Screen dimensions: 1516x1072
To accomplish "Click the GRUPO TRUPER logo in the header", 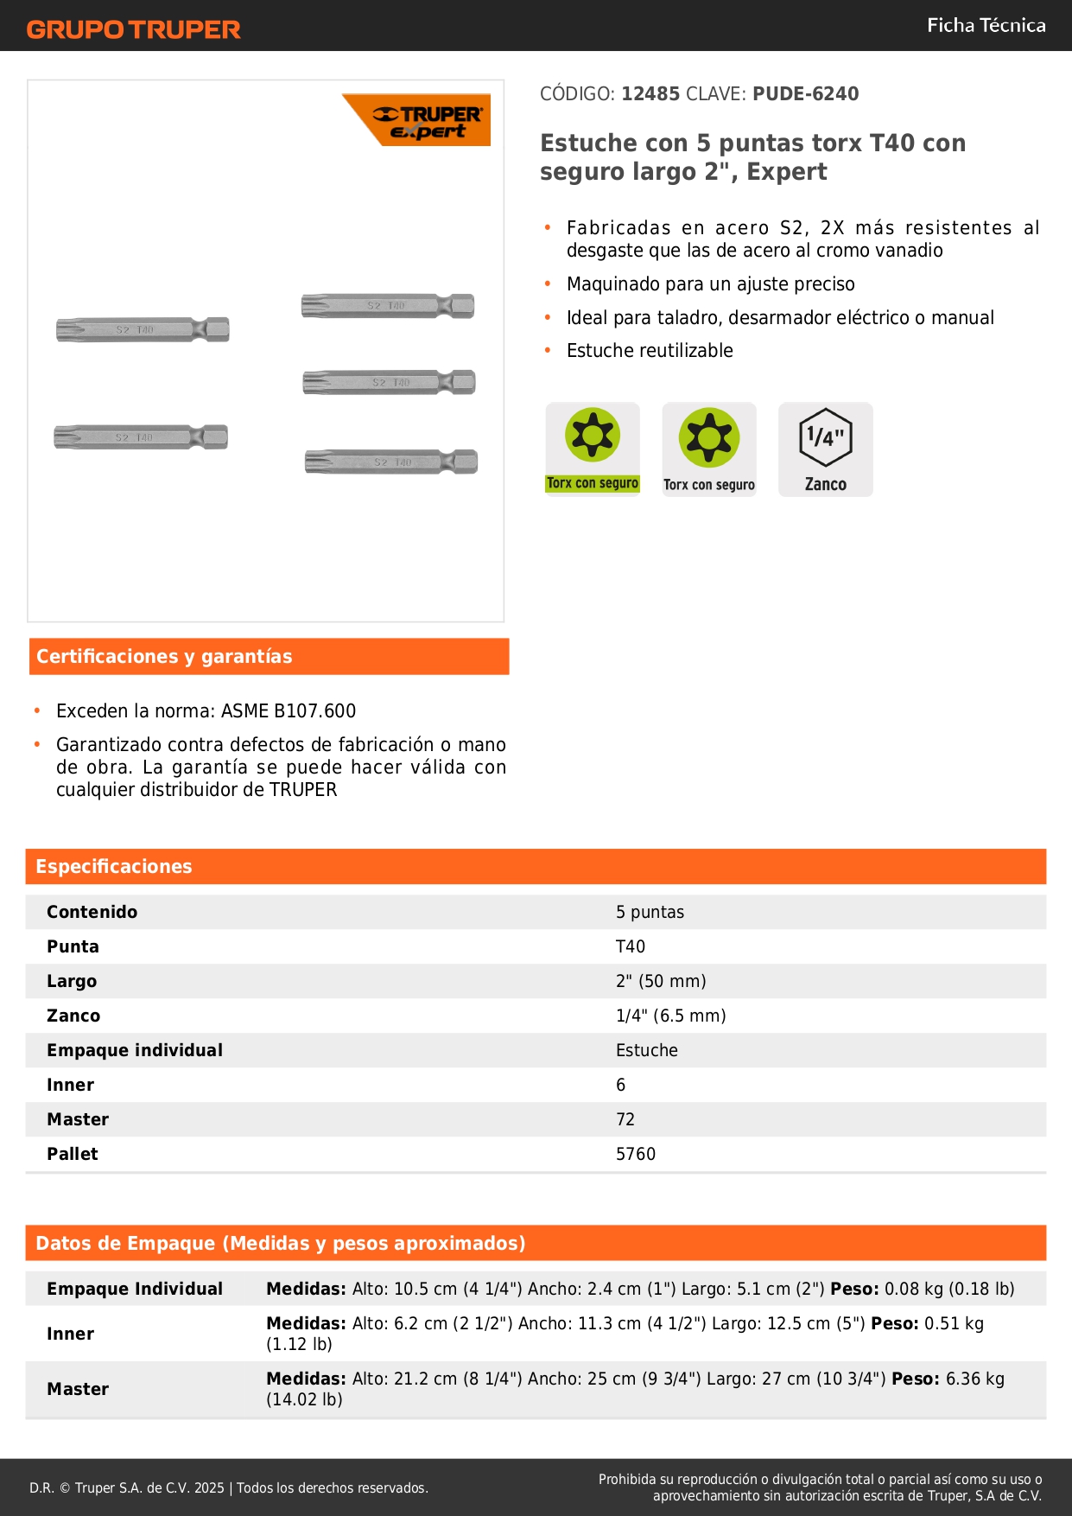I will (x=133, y=29).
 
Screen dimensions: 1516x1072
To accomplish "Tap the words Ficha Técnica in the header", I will (x=986, y=25).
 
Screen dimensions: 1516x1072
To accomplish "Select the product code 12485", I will (x=650, y=93).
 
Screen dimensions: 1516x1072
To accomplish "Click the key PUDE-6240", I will (x=805, y=93).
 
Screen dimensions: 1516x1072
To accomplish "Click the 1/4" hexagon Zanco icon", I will (x=825, y=449).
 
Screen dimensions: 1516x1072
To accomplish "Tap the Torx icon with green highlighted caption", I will (x=593, y=449).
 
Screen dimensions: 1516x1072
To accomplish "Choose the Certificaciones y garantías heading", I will (x=164, y=656).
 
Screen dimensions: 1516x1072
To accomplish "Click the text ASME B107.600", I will (x=289, y=710).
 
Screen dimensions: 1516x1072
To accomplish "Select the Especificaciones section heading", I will (x=114, y=866).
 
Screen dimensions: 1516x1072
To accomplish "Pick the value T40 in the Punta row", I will (x=631, y=946).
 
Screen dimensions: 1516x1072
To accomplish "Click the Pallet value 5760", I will (x=636, y=1154).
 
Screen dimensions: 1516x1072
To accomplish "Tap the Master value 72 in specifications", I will (x=625, y=1119).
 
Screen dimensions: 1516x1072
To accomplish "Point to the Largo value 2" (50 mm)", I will (x=661, y=981).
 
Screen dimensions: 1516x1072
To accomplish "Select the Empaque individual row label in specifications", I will (x=135, y=1050).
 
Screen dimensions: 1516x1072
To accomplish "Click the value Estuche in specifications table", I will (x=647, y=1050).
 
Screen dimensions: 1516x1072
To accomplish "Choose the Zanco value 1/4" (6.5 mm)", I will (x=670, y=1016).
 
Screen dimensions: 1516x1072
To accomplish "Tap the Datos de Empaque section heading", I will (x=281, y=1243).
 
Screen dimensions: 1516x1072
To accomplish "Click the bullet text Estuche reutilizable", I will (x=650, y=350).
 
